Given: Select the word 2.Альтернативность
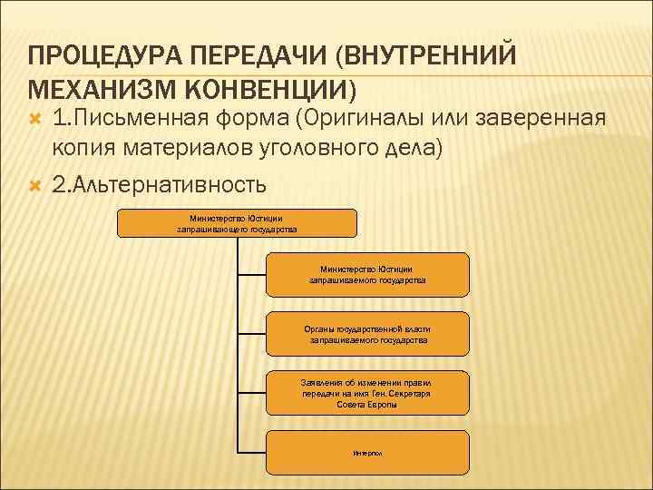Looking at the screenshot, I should point(160,185).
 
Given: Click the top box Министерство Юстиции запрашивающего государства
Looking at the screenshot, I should point(237,223).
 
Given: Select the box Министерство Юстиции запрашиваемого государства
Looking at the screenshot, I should point(367,275).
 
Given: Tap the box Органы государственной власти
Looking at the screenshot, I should point(367,334).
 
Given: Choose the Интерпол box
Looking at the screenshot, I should point(367,452).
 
